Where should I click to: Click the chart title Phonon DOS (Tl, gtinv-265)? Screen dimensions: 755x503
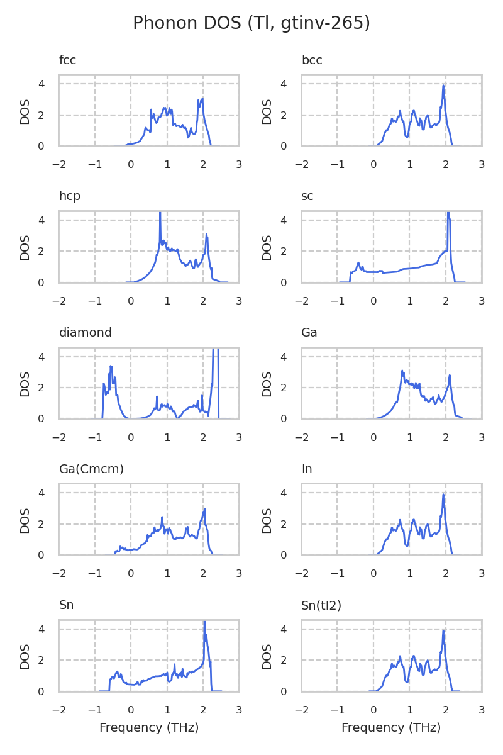(x=251, y=23)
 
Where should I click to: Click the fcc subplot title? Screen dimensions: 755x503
(x=67, y=60)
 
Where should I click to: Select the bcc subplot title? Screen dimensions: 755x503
(x=312, y=60)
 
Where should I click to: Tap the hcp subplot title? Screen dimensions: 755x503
(x=70, y=196)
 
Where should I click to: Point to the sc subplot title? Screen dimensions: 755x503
(x=307, y=196)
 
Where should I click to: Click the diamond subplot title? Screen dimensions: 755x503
(x=86, y=332)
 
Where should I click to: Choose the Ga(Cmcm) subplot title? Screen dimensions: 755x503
(x=91, y=469)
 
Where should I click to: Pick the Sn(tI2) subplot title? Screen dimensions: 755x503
(x=321, y=605)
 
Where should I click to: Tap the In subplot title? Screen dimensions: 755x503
(x=307, y=469)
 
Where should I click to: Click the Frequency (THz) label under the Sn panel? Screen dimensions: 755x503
(x=149, y=728)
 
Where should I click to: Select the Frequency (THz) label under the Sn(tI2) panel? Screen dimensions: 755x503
(x=391, y=728)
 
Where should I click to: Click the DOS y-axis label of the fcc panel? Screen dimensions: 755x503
(x=25, y=111)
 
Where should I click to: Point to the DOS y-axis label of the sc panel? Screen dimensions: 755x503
(x=267, y=247)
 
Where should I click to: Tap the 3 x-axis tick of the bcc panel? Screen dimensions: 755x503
(x=482, y=164)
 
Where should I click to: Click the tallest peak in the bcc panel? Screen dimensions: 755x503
(x=443, y=86)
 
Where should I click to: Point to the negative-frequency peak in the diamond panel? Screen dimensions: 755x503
(x=111, y=366)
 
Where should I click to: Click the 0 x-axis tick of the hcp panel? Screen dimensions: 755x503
(x=131, y=301)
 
